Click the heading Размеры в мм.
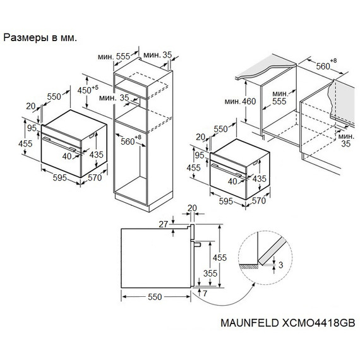click(40, 38)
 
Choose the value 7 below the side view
click(205, 294)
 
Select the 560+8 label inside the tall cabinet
click(130, 141)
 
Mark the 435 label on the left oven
click(96, 155)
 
